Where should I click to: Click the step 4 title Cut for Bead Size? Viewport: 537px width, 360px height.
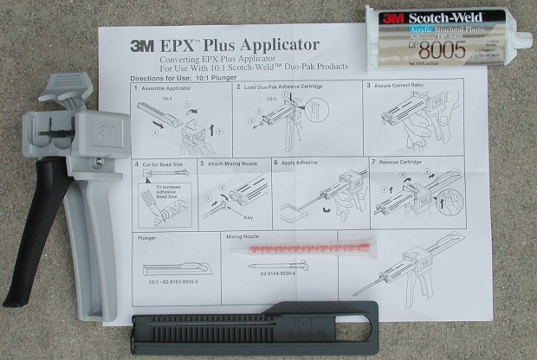pyautogui.click(x=165, y=163)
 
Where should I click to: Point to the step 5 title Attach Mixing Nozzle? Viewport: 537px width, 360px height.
pyautogui.click(x=234, y=163)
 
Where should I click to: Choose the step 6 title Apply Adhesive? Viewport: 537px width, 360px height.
pyautogui.click(x=304, y=162)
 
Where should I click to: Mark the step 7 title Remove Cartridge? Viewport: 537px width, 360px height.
pyautogui.click(x=404, y=162)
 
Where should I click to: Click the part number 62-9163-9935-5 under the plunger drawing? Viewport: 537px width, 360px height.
pyautogui.click(x=174, y=282)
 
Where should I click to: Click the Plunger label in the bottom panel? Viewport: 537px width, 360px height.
pyautogui.click(x=147, y=237)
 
